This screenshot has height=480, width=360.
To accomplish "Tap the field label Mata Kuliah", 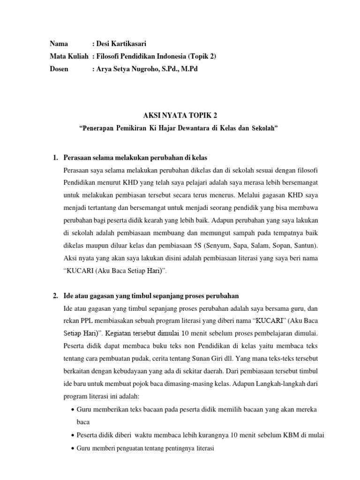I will pyautogui.click(x=69, y=57).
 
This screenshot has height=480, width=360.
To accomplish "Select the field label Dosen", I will pyautogui.click(x=59, y=69).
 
